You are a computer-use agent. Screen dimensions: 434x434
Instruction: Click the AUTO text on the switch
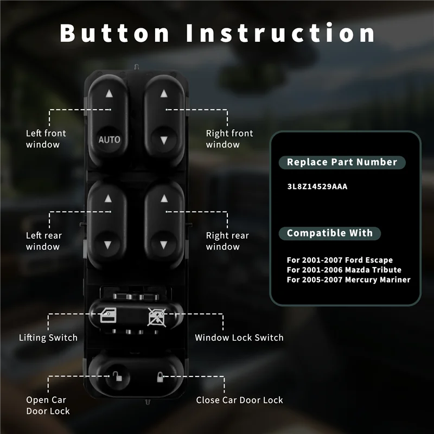point(109,139)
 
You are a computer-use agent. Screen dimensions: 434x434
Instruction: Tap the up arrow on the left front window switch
point(109,93)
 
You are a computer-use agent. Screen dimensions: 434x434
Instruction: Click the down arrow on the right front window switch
point(163,140)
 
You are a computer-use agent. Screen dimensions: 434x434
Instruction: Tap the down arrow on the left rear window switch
point(108,244)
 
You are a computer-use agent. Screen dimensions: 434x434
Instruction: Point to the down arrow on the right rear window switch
point(163,244)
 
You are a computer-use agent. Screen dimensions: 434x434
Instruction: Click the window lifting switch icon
point(108,315)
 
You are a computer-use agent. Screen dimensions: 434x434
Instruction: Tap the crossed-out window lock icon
point(157,315)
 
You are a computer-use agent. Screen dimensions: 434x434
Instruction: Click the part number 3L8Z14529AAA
point(317,187)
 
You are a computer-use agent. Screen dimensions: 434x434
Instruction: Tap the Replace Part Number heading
point(342,162)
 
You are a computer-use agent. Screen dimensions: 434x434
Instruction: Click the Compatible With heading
point(330,233)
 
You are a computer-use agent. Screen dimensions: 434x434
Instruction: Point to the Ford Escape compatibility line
point(340,260)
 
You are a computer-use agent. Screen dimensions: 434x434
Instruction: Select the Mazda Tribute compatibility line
point(344,270)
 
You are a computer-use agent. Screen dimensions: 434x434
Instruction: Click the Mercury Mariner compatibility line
point(348,280)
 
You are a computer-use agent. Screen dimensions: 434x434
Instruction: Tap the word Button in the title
point(115,33)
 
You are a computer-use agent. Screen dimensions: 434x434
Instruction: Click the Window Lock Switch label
point(239,337)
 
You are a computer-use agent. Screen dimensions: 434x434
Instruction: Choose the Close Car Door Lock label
point(239,400)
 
